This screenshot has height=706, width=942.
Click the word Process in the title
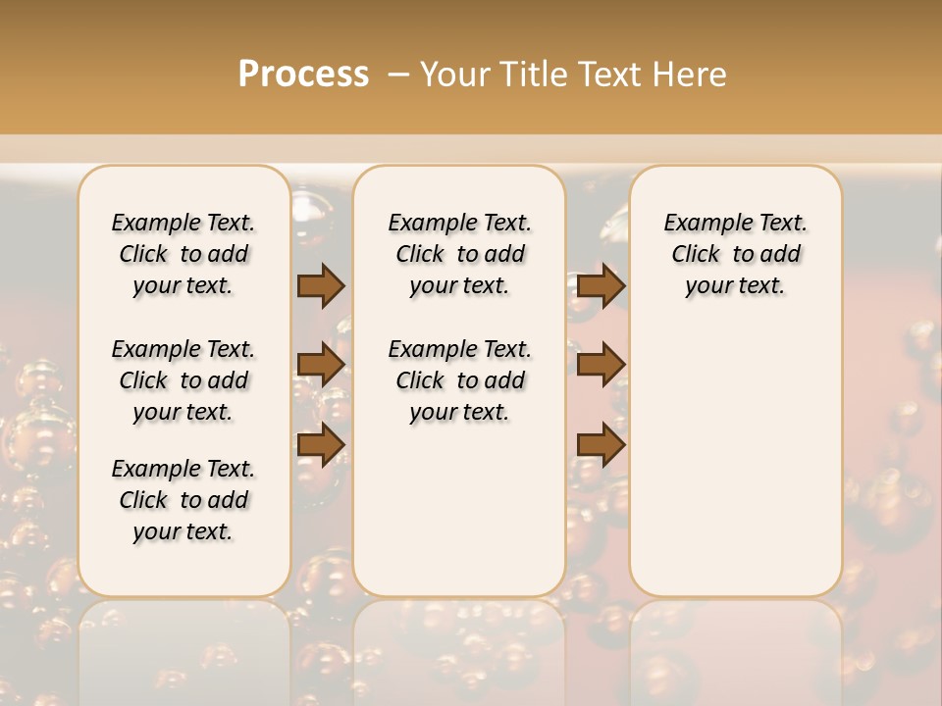click(303, 75)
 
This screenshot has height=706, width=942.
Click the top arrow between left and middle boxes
click(321, 285)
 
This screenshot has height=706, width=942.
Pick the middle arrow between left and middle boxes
click(321, 365)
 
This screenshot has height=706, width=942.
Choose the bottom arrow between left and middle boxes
click(321, 444)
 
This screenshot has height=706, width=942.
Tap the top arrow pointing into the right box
click(602, 285)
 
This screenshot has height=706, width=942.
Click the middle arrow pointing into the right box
click(602, 365)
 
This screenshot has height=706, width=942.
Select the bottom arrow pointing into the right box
click(602, 444)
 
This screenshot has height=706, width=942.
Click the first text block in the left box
click(183, 254)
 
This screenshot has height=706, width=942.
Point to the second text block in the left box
click(183, 380)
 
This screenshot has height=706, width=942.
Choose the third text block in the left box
click(183, 500)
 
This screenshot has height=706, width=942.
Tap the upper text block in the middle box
click(460, 254)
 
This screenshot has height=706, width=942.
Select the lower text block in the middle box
click(460, 380)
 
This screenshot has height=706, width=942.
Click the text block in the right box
click(736, 254)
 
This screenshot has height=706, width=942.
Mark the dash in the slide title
click(398, 75)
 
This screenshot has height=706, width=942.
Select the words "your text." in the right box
click(736, 285)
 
